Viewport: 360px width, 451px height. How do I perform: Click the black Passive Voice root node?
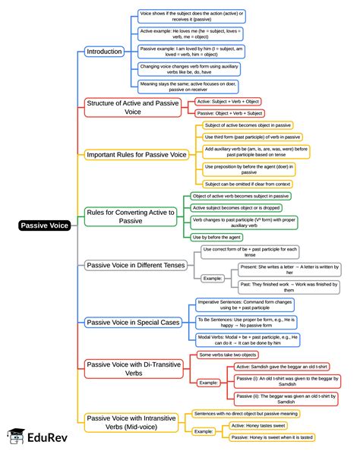[44, 225]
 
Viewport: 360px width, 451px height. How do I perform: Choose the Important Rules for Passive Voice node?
[136, 155]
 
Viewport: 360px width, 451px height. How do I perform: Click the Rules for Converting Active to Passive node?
[130, 216]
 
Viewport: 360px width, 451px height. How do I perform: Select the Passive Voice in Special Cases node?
[132, 322]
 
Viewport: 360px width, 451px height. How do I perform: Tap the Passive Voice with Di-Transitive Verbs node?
[130, 369]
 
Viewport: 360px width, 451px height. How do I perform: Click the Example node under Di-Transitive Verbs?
[209, 382]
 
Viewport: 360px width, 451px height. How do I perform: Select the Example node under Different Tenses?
[213, 279]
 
